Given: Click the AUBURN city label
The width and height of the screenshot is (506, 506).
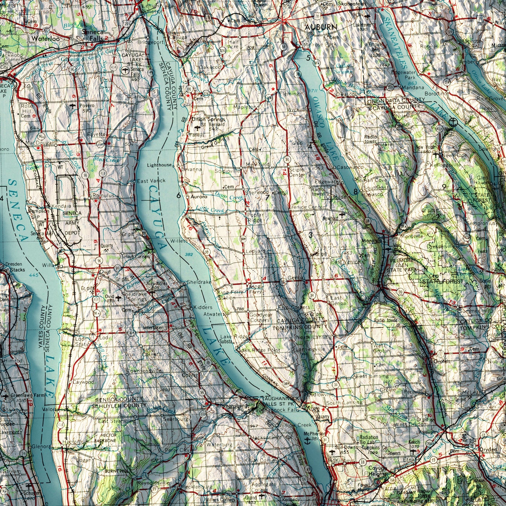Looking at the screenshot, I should [321, 27].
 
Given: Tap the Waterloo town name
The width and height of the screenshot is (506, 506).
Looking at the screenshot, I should [45, 39].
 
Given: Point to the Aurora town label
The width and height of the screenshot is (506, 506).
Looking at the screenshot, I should [199, 197].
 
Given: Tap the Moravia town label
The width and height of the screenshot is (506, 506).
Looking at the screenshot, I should [372, 241].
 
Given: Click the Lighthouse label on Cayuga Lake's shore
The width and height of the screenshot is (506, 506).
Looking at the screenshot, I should [159, 165].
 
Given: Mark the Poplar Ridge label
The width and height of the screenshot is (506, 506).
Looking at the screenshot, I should [255, 217].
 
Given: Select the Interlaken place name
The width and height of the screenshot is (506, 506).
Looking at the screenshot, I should [153, 328].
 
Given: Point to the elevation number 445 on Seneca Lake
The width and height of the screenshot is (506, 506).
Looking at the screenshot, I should [34, 275].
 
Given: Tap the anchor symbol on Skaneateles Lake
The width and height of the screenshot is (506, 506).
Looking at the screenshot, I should [453, 122].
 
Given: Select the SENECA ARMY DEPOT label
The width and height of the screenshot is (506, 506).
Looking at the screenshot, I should [72, 223].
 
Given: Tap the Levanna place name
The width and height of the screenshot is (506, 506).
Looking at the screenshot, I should [192, 169].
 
